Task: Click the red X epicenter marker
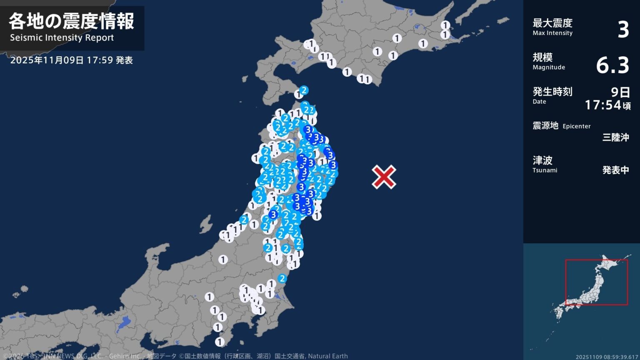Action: click(x=384, y=177)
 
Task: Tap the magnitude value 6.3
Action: click(x=612, y=65)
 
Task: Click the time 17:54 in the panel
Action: click(x=603, y=105)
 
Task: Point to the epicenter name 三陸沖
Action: click(x=615, y=137)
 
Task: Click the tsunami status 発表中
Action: click(x=615, y=170)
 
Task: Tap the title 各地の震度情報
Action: click(x=72, y=21)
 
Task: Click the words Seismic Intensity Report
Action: click(x=62, y=38)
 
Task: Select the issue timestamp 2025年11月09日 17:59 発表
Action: click(x=71, y=60)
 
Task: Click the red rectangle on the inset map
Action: click(x=596, y=282)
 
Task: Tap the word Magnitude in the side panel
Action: click(x=549, y=67)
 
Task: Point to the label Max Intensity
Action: click(x=552, y=33)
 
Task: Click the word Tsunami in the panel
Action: click(x=545, y=170)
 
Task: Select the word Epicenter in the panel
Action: click(x=576, y=126)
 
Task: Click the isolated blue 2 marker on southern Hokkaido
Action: click(x=304, y=90)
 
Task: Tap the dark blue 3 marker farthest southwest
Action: click(x=273, y=215)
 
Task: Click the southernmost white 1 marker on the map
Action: click(x=220, y=342)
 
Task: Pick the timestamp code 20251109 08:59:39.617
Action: click(x=607, y=357)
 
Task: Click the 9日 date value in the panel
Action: click(x=620, y=92)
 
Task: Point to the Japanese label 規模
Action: click(x=542, y=57)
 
